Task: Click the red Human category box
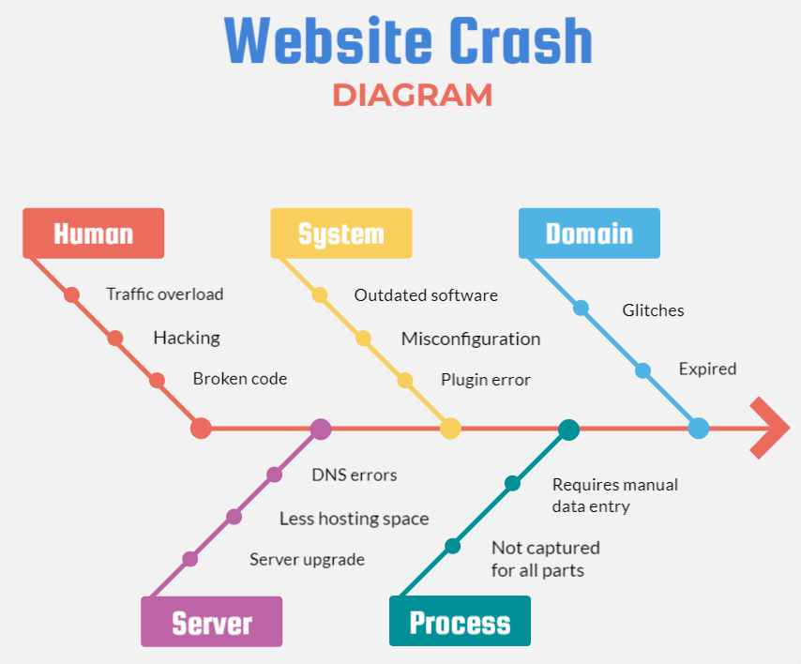coord(93,234)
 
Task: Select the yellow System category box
coord(340,234)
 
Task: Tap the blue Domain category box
coord(589,234)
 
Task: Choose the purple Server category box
coord(211,622)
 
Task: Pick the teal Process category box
coord(460,622)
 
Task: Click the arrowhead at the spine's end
coord(771,429)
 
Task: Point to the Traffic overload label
coord(165,294)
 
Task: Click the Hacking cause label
coord(187,338)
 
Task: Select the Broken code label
coord(240,379)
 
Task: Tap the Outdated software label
coord(426,295)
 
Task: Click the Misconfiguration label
coord(471,339)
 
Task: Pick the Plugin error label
coord(486,380)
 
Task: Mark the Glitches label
coord(654,309)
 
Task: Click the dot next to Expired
coord(642,370)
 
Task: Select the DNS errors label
coord(355,475)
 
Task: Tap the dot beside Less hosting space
coord(234,517)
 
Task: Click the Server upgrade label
coord(307,560)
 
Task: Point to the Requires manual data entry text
coord(614,495)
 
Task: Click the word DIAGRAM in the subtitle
coord(412,95)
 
